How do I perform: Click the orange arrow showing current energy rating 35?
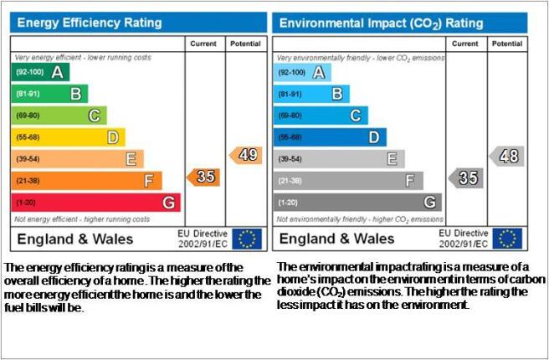[x=203, y=177]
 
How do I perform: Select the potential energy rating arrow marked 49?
[x=246, y=155]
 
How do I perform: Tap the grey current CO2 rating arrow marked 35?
[x=466, y=177]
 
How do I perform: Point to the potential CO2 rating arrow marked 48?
[x=506, y=157]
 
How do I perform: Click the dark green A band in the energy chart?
[x=40, y=72]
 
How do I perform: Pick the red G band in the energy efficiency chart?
[x=96, y=203]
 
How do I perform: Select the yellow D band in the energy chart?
[x=69, y=137]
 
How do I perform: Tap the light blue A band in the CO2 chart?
[x=302, y=73]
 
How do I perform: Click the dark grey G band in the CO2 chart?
[x=357, y=202]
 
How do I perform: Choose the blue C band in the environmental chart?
[x=321, y=116]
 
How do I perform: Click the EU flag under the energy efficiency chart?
[x=247, y=239]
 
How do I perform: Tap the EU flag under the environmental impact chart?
[x=507, y=239]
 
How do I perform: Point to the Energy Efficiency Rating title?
[x=90, y=23]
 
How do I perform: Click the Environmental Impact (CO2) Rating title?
[x=382, y=23]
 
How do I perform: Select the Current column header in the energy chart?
[x=203, y=44]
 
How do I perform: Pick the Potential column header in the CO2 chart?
[x=507, y=44]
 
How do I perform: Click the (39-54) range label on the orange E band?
[x=28, y=159]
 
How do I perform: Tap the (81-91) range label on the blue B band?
[x=290, y=95]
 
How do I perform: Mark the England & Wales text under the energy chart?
[x=75, y=239]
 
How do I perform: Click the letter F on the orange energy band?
[x=149, y=181]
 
